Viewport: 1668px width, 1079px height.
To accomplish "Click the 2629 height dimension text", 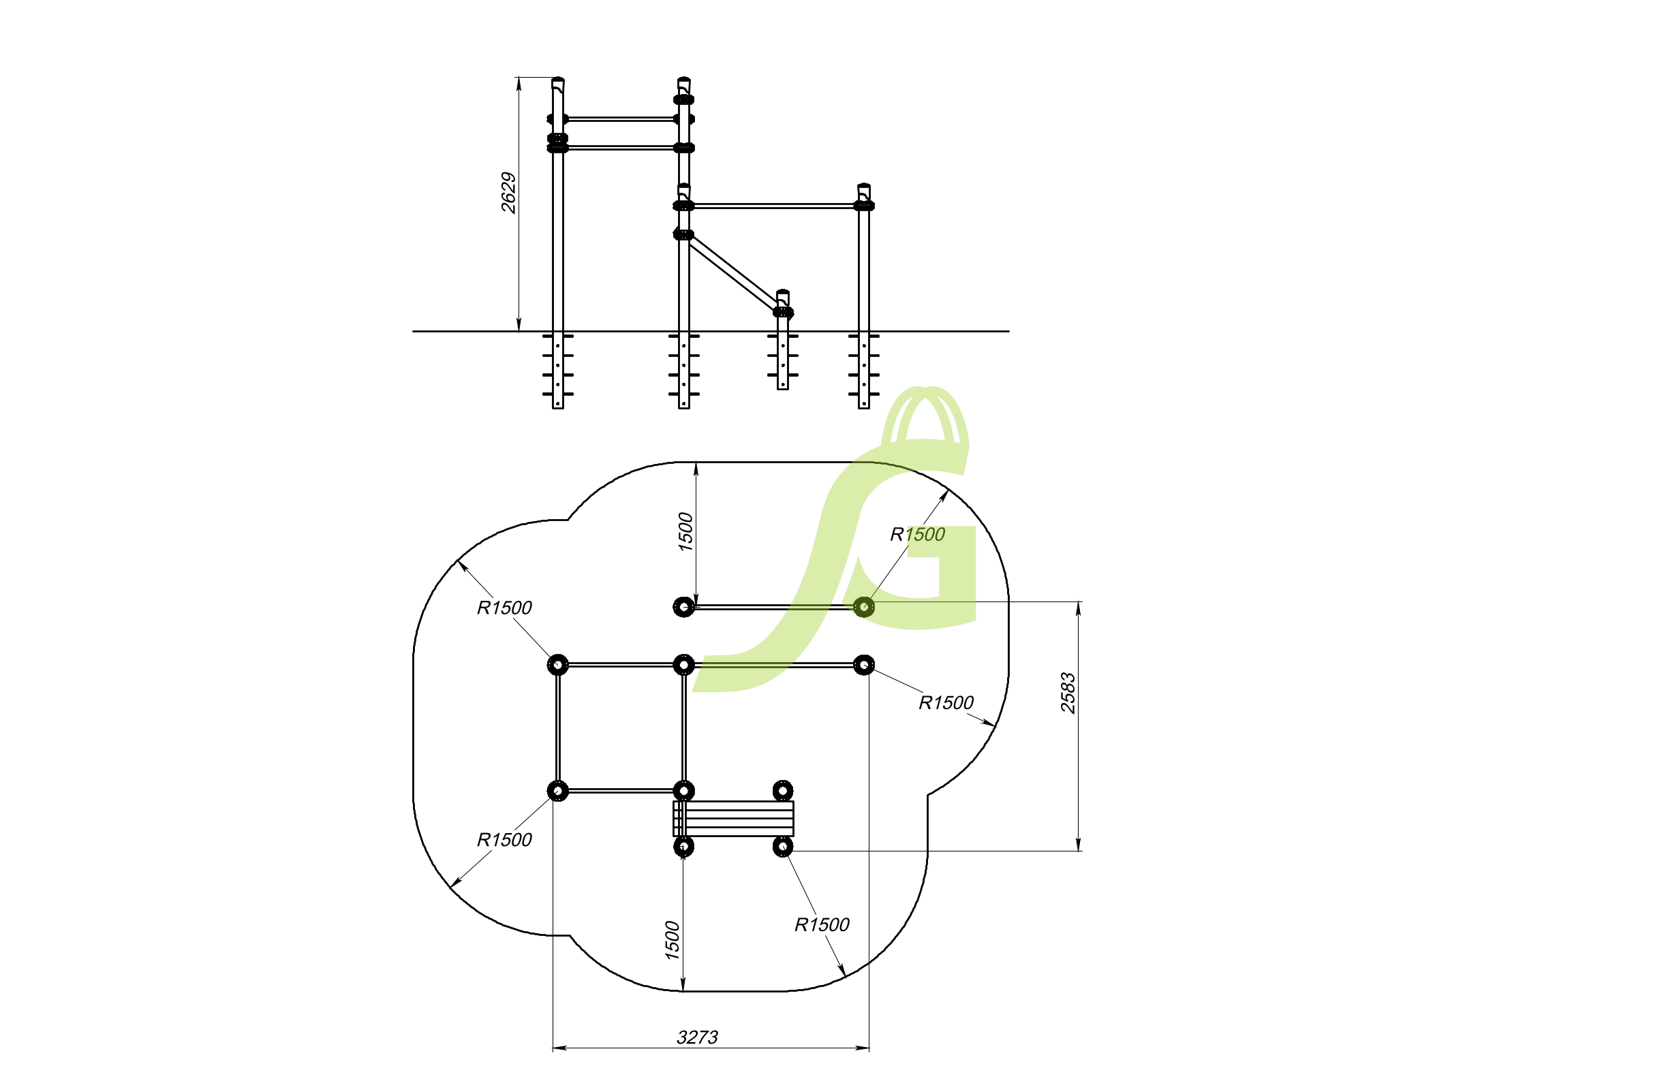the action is click(509, 193).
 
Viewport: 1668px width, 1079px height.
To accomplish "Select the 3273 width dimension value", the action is click(697, 1037).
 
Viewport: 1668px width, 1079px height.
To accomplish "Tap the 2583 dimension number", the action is click(1068, 693).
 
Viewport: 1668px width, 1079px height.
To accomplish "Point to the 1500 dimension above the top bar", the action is click(685, 532).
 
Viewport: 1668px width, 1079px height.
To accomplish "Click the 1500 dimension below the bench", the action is click(671, 940).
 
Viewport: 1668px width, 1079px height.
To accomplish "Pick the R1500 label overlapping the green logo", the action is click(917, 535).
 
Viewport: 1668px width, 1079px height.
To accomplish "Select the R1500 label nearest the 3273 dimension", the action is click(822, 925).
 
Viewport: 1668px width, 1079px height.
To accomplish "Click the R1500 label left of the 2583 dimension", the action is click(946, 703).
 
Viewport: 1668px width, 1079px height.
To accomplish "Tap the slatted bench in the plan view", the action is click(733, 818).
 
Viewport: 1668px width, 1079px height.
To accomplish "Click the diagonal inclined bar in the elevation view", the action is click(733, 273).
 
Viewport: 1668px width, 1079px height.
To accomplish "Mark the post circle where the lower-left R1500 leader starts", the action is click(558, 791).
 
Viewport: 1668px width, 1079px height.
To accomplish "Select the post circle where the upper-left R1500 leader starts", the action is click(558, 664).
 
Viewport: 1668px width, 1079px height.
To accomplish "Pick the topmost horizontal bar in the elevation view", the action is click(621, 119).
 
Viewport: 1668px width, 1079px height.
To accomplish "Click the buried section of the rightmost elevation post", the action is click(864, 370).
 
